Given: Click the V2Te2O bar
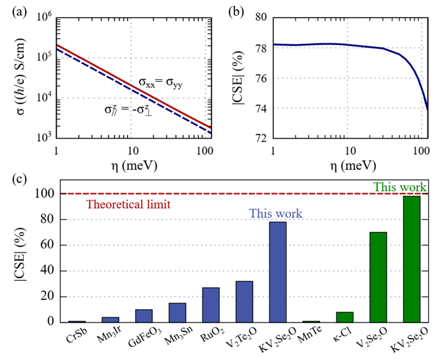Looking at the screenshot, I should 244,301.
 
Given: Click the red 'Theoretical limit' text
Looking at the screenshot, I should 129,204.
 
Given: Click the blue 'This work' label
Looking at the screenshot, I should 275,214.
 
